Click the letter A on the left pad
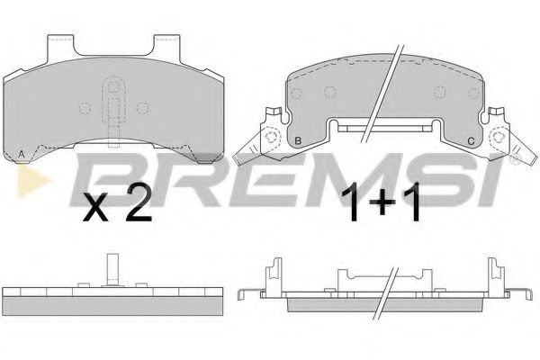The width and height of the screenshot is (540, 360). (x=22, y=154)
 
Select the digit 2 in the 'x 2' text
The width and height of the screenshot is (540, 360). (x=138, y=208)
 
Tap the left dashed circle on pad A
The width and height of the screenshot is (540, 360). (x=85, y=107)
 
